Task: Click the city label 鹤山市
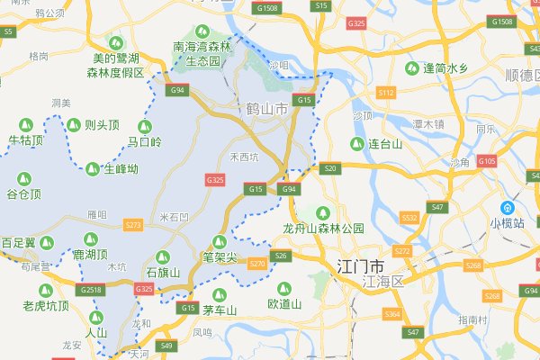coord(266,109)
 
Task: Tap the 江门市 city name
coord(358,268)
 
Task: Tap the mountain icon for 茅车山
coord(217,295)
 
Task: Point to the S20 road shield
coord(330,168)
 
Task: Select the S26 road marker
coord(282,256)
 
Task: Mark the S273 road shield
coord(133,224)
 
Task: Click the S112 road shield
coord(387,93)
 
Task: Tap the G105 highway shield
coord(488,160)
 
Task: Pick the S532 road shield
coord(410,218)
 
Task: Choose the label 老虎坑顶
coord(46,305)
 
